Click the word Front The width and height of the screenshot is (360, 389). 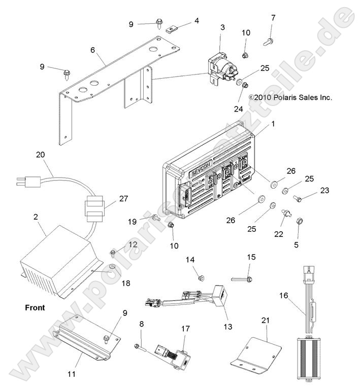click(35, 307)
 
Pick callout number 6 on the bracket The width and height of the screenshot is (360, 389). click(92, 50)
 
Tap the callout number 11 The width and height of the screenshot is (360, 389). click(72, 374)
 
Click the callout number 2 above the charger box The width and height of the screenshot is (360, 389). click(36, 217)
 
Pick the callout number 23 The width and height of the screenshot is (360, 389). click(323, 191)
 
